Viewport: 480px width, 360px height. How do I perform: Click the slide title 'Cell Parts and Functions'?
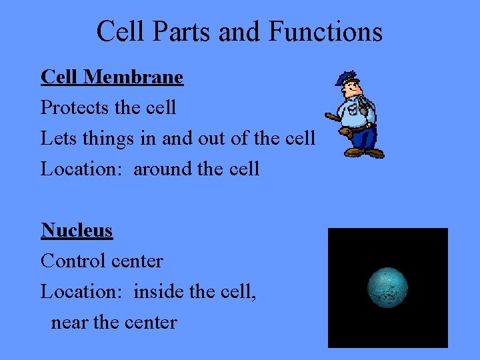239,31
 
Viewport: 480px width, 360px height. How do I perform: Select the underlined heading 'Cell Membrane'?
111,77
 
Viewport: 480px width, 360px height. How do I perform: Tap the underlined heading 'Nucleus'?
77,230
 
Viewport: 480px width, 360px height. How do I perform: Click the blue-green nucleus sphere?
387,288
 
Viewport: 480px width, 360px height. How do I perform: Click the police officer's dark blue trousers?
364,137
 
